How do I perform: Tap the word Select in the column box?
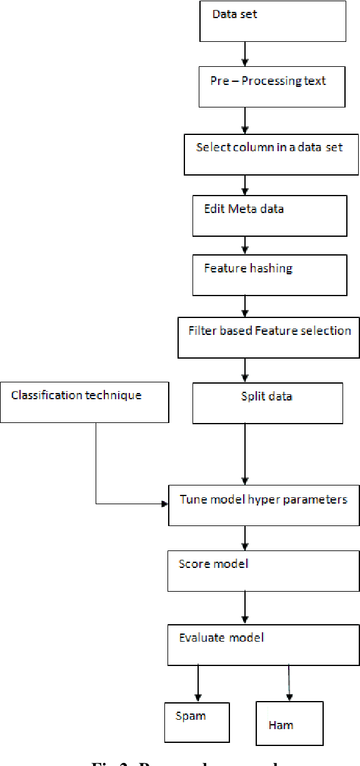point(208,148)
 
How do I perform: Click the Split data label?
point(267,396)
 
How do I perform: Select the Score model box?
point(263,570)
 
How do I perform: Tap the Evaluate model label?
point(222,638)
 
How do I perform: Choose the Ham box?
point(289,724)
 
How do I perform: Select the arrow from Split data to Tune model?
point(244,453)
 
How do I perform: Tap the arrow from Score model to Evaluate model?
point(244,607)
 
